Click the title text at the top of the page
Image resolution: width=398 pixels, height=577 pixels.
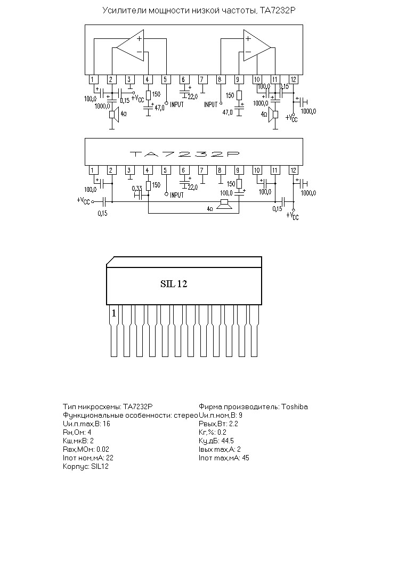[199, 11]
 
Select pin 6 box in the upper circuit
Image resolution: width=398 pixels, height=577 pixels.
[183, 79]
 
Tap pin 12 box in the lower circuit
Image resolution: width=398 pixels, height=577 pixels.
[293, 170]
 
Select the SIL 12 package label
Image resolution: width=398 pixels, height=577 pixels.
[174, 284]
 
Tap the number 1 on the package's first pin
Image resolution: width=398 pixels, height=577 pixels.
[113, 313]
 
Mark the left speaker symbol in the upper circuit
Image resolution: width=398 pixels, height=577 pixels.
[113, 115]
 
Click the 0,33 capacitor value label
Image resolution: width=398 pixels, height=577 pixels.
[137, 189]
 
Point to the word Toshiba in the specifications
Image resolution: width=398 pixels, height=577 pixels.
[295, 407]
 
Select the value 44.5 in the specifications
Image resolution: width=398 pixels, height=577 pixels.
[228, 441]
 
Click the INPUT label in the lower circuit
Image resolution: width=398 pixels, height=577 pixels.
[176, 195]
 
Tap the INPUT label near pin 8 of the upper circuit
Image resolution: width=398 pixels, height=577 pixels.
[211, 104]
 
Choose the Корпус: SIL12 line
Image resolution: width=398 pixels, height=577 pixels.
[86, 467]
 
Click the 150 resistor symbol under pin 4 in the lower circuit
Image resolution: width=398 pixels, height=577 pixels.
[148, 186]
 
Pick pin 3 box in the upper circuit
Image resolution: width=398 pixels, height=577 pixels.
[129, 79]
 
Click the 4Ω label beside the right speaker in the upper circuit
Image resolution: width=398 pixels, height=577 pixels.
[264, 115]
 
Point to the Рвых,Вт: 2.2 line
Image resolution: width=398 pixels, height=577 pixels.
[218, 424]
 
